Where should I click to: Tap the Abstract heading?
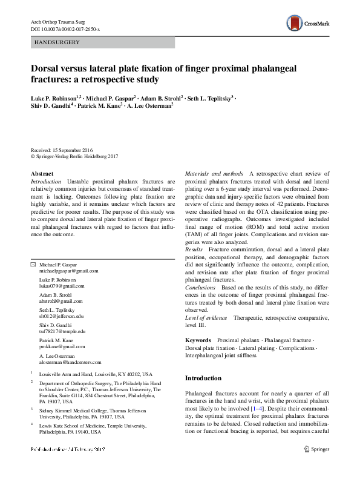[x=42, y=174]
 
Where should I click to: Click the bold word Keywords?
[x=198, y=341]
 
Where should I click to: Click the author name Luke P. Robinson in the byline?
[x=53, y=98]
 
